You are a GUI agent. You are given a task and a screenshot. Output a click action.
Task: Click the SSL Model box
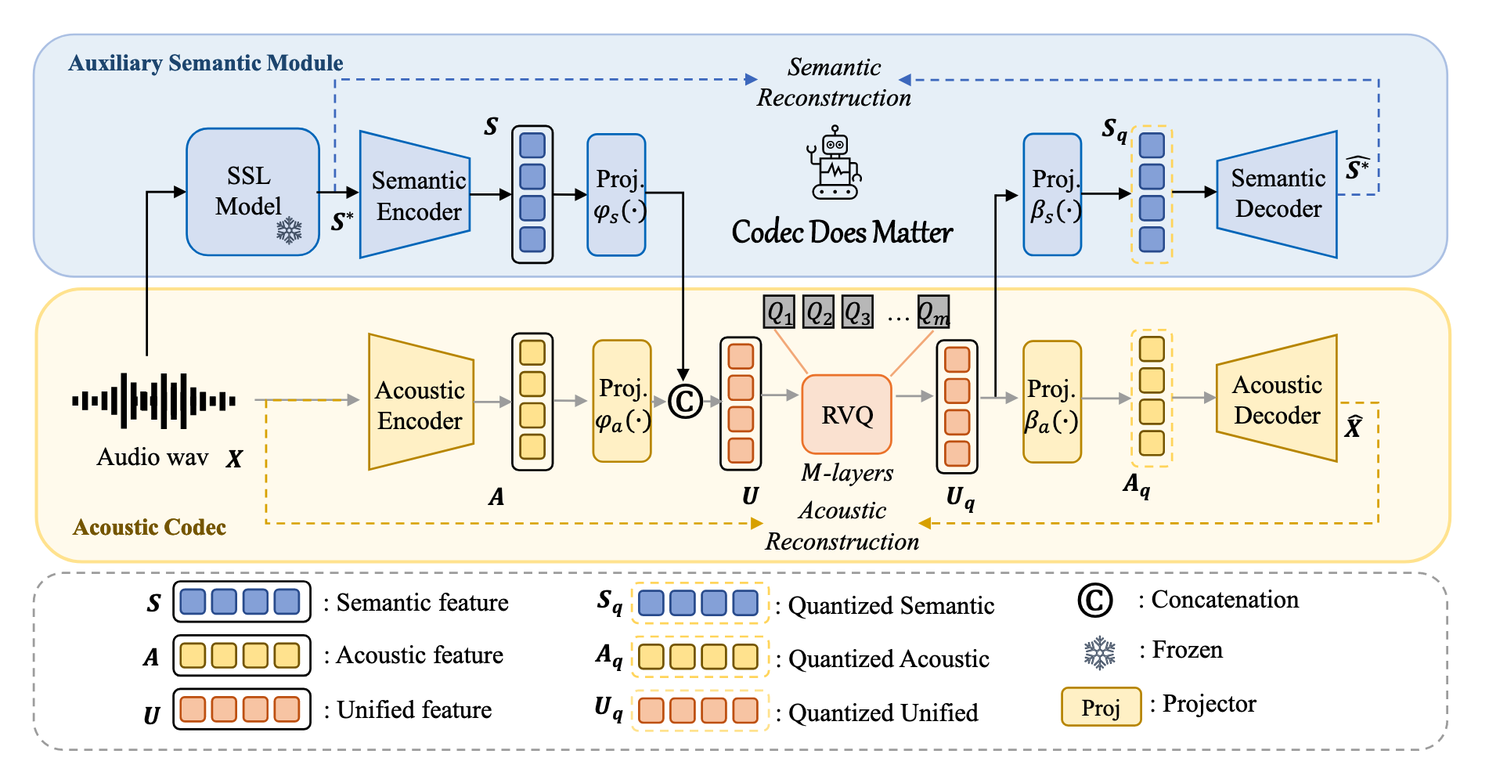pos(252,192)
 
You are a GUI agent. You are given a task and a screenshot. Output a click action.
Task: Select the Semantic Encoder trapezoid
pos(415,195)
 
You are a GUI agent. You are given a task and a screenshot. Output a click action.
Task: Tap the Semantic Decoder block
pos(1277,194)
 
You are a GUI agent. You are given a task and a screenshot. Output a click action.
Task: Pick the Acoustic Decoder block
pos(1277,399)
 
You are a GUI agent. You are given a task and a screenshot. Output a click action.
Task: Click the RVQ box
pos(847,414)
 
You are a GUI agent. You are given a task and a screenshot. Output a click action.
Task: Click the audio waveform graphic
pos(153,401)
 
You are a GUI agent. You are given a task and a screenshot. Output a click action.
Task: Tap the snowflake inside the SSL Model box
pos(289,230)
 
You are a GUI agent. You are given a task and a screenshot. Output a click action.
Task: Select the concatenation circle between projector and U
pos(685,402)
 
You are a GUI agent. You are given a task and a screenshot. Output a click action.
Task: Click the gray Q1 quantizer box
pos(779,312)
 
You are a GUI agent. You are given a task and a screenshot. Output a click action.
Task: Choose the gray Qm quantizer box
pos(933,312)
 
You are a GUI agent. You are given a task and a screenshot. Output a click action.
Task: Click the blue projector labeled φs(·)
pos(617,195)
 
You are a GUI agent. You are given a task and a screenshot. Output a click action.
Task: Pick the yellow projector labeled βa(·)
pos(1052,402)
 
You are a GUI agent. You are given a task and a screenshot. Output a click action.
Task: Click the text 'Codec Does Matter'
pos(842,232)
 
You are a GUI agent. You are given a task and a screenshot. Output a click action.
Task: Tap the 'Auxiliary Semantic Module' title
pos(205,63)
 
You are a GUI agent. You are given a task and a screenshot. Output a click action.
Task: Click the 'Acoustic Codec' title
pos(149,527)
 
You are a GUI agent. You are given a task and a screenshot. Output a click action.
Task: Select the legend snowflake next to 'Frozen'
pos(1099,651)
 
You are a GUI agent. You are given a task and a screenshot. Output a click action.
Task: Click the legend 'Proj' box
pos(1101,707)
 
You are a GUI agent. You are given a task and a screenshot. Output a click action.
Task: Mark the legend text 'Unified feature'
pos(414,709)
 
